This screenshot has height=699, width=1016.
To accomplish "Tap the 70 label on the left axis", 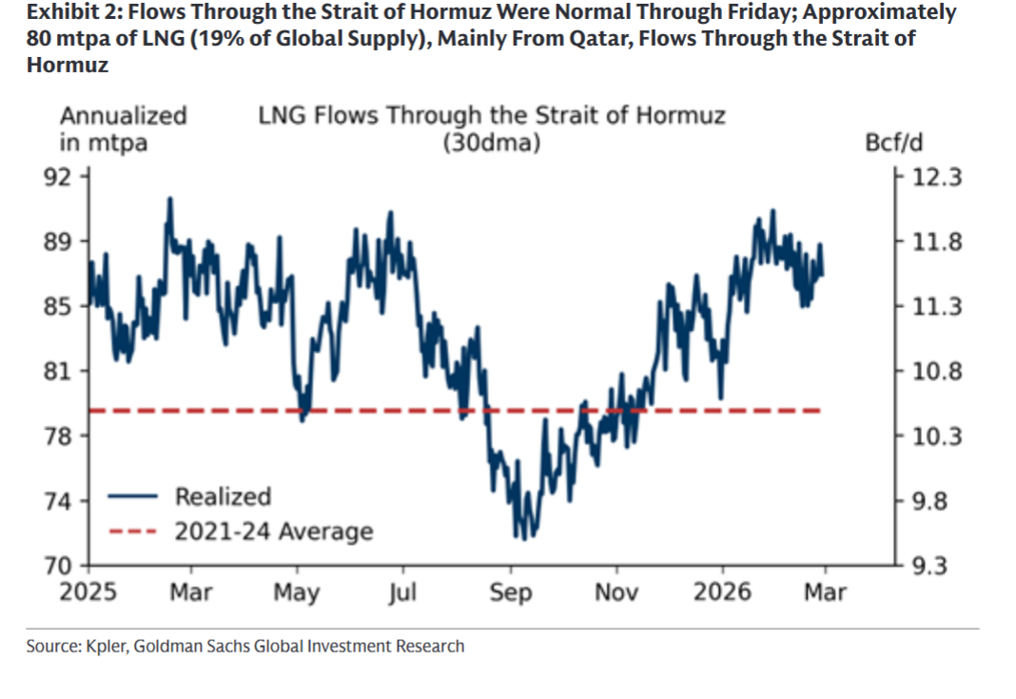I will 71,565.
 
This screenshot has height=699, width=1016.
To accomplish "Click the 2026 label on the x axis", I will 723,592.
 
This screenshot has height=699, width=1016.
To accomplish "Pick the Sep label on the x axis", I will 512,592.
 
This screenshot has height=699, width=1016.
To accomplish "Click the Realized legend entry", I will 223,496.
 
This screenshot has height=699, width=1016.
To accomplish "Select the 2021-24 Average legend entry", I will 273,531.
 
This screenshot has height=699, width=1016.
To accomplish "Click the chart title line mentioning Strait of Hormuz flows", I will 492,116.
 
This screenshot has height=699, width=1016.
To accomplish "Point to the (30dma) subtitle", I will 492,144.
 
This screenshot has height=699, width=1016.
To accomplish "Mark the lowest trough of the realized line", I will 523,538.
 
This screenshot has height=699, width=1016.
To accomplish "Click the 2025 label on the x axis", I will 88,592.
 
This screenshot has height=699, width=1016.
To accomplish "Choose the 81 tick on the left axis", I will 71,371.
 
